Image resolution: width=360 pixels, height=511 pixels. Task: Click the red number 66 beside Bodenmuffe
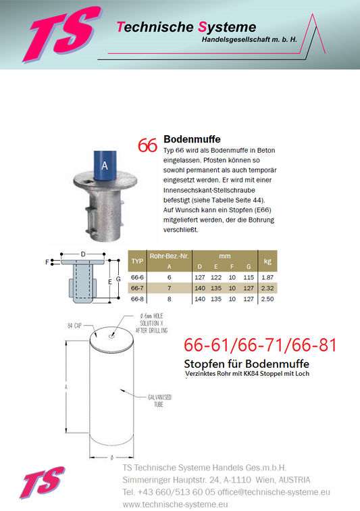click(147, 145)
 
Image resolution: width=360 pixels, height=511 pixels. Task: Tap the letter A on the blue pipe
click(104, 164)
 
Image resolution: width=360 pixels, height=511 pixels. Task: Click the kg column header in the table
click(267, 261)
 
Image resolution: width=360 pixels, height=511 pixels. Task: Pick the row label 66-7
click(137, 288)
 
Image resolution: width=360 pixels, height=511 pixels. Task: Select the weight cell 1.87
click(267, 277)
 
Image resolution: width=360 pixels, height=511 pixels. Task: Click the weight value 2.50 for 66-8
click(267, 298)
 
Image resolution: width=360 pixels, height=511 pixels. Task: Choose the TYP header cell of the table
click(137, 261)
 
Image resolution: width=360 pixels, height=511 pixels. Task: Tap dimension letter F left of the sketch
click(48, 261)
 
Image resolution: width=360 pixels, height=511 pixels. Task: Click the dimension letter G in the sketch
click(118, 278)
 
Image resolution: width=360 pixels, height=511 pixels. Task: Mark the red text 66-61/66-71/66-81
click(260, 346)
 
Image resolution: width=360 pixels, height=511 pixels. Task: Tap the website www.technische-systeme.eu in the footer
click(175, 504)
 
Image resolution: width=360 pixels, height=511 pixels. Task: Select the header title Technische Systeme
click(186, 27)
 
